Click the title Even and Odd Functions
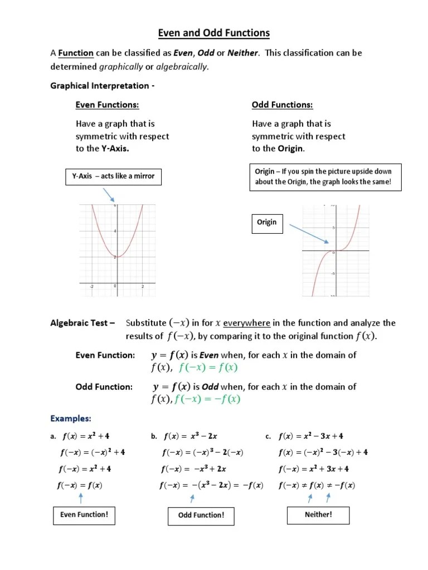(x=214, y=33)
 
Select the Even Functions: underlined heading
(x=107, y=105)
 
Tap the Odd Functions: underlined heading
(x=282, y=105)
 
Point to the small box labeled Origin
(x=266, y=222)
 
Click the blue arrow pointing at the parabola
(x=109, y=194)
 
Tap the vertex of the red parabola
(x=116, y=257)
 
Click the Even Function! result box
(x=84, y=515)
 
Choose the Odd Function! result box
(x=201, y=515)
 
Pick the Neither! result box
(x=318, y=515)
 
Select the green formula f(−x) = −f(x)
(x=207, y=399)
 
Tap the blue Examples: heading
(x=71, y=418)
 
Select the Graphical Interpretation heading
(x=103, y=86)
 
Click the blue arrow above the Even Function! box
(x=81, y=497)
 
